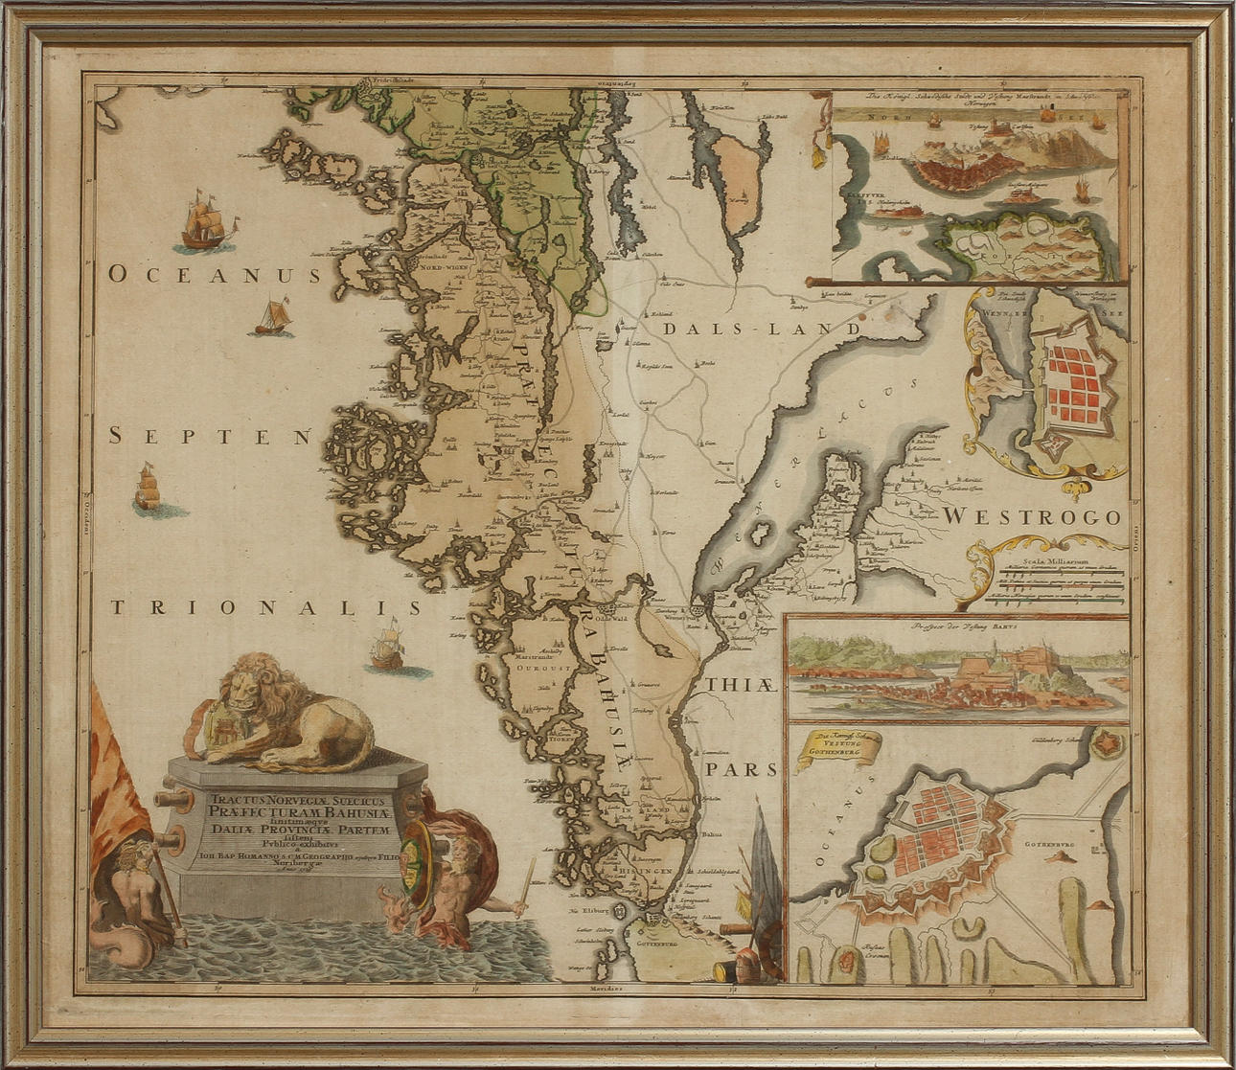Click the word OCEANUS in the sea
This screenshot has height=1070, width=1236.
pyautogui.click(x=213, y=276)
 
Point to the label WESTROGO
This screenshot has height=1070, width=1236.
pyautogui.click(x=1032, y=517)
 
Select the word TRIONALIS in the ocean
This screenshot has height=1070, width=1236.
pyautogui.click(x=264, y=607)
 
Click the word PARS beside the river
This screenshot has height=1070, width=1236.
pyautogui.click(x=741, y=769)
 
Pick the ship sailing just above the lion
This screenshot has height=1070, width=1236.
pyautogui.click(x=387, y=644)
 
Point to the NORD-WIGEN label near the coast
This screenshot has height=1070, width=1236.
pyautogui.click(x=444, y=268)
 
